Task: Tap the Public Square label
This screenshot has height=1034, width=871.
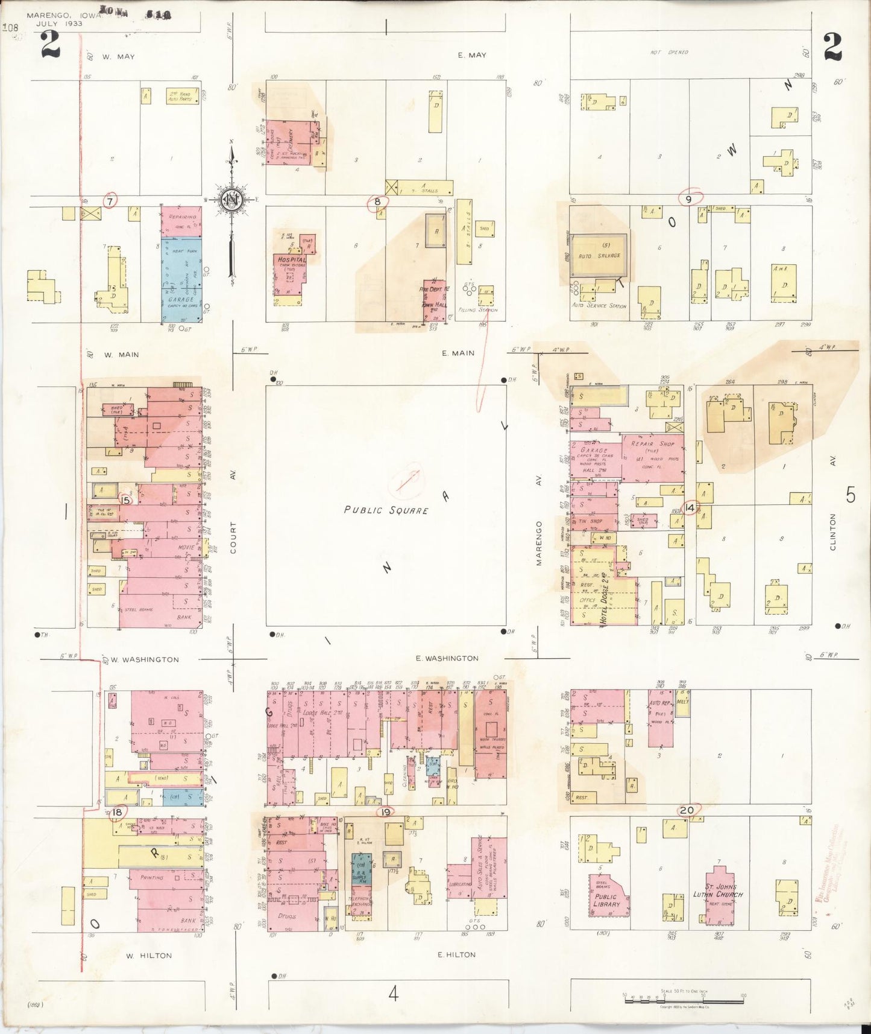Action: pyautogui.click(x=386, y=510)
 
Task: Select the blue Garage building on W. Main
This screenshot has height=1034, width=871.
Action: pyautogui.click(x=181, y=279)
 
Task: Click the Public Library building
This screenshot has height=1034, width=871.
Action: pyautogui.click(x=608, y=900)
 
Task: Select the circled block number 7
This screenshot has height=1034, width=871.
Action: pyautogui.click(x=109, y=201)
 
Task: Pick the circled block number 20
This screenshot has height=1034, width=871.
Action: pyautogui.click(x=687, y=810)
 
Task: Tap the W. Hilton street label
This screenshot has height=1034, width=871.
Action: pyautogui.click(x=149, y=955)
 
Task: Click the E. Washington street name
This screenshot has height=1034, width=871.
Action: pyautogui.click(x=447, y=658)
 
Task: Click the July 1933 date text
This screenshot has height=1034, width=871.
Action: pyautogui.click(x=59, y=24)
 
